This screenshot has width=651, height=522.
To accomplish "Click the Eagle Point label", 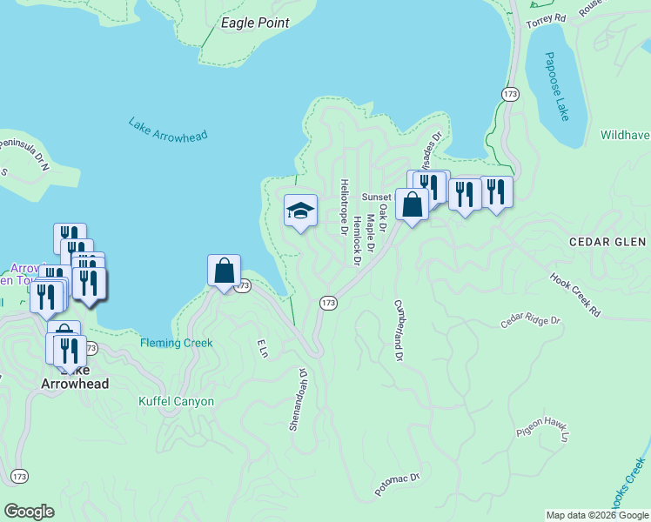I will point(255,23).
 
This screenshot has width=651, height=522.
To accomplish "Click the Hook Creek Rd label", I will point(575,296).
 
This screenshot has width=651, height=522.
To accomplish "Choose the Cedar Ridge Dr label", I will point(532,320).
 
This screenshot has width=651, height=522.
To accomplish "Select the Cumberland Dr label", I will point(399,331).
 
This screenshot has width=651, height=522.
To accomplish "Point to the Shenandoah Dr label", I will point(299,399).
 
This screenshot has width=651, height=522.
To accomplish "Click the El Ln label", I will point(261,348).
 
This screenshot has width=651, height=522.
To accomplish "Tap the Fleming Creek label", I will point(177,343).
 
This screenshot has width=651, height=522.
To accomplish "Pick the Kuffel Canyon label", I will point(177,401).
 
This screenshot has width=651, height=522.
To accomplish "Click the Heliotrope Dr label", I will point(345,205).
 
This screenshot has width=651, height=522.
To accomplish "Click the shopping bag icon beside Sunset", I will point(413,205).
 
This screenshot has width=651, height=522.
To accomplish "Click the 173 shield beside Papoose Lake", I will point(510,92).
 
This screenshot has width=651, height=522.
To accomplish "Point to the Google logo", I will point(29,511).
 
